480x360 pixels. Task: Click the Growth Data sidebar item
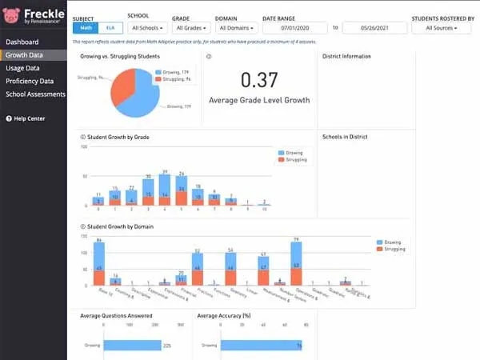(x=23, y=55)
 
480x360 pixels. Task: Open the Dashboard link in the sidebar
(x=22, y=42)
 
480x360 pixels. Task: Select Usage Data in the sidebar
(x=22, y=68)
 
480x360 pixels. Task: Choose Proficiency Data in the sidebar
(x=30, y=81)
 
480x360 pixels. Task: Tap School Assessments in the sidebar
(x=35, y=94)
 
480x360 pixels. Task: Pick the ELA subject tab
(x=110, y=28)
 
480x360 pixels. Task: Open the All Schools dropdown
(x=148, y=28)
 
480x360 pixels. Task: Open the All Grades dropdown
(x=191, y=28)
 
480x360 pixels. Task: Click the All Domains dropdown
(x=237, y=28)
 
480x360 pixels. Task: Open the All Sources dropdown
(x=442, y=28)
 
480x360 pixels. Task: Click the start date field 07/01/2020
(x=295, y=28)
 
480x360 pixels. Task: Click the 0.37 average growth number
(x=259, y=80)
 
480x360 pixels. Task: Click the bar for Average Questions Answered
(x=133, y=346)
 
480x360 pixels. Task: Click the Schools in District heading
(x=345, y=137)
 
